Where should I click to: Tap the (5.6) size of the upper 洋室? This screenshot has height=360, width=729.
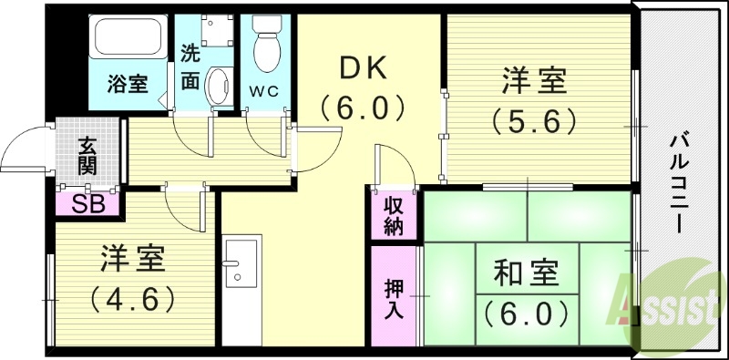(534, 119)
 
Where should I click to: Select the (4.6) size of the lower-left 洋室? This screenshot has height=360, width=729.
(132, 298)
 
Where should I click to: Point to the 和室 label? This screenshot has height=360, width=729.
(527, 273)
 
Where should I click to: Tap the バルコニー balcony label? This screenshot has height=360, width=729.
(679, 182)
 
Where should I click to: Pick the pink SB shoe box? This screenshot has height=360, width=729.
(87, 203)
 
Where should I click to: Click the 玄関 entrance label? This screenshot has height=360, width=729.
(87, 156)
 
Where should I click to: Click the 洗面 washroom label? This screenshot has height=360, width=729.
(190, 67)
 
